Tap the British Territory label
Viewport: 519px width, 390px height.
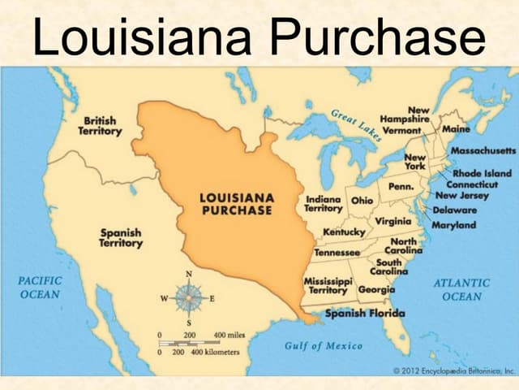101,126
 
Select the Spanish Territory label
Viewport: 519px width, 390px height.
121,237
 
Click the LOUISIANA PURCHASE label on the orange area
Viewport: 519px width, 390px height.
237,204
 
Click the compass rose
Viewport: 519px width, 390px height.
189,298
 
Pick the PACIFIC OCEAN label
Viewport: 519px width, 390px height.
40,287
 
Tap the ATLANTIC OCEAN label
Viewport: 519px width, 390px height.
461,289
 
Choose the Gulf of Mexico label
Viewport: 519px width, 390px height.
324,345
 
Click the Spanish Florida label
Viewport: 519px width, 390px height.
365,314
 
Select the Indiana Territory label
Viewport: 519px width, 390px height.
323,204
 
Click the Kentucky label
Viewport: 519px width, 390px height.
344,232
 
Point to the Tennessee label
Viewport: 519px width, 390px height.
337,252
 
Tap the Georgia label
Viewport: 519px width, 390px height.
377,289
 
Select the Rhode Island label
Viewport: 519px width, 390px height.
482,173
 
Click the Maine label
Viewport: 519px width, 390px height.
457,128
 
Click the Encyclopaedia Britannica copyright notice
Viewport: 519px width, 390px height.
453,370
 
